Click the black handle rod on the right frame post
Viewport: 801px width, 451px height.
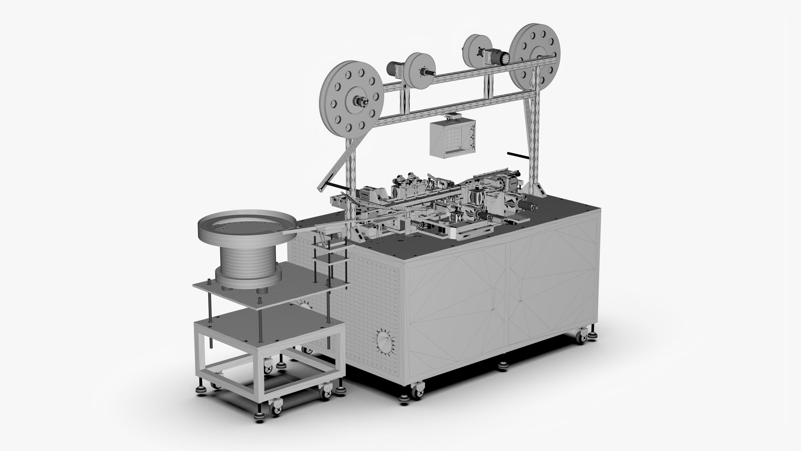(520, 155)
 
